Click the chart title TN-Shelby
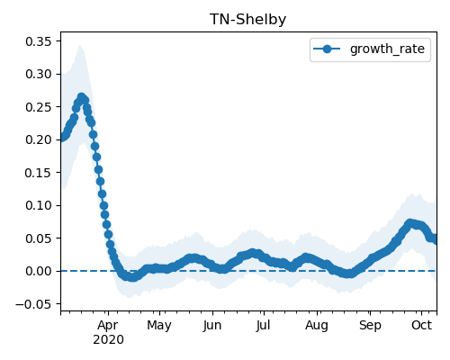click(247, 20)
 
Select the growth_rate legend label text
click(387, 49)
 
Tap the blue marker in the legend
click(327, 49)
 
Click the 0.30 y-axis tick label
click(40, 74)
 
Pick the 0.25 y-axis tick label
click(40, 107)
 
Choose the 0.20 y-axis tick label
click(40, 139)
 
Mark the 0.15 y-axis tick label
click(40, 173)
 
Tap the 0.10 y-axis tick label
click(40, 205)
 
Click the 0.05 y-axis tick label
click(40, 238)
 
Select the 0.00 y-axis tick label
click(40, 271)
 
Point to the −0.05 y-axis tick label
click(35, 304)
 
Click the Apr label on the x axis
click(108, 325)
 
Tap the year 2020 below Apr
click(108, 339)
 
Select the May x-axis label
click(159, 326)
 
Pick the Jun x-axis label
click(212, 326)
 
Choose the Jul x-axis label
click(263, 325)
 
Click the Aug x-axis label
click(317, 326)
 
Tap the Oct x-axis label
click(421, 325)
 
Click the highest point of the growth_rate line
click(81, 97)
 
